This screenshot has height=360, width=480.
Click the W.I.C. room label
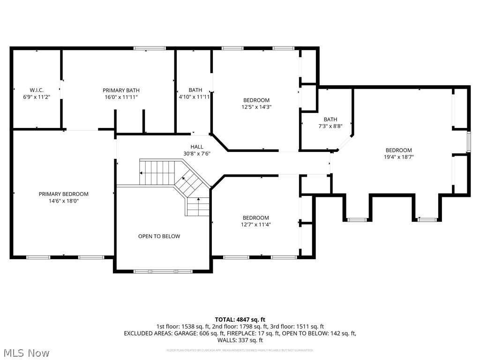coord(37,90)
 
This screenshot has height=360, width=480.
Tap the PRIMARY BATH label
coord(121,90)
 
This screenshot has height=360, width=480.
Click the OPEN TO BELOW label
coord(159,236)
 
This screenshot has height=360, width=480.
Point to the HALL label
coord(197,147)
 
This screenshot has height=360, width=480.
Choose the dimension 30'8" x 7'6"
coord(197,153)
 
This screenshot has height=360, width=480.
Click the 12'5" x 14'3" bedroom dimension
coord(256,107)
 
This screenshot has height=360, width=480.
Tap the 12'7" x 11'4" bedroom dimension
coord(255,225)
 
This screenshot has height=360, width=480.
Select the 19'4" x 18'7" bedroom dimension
coord(398,157)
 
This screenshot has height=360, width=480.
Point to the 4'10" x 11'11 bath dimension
coord(194,97)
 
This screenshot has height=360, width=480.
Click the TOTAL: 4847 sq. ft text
coord(240,319)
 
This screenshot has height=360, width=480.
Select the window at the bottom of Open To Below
coord(163,271)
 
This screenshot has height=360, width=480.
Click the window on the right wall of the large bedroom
coord(468,142)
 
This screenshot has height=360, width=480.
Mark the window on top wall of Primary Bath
coord(150,48)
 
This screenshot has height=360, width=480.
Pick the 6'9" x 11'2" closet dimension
coord(37,97)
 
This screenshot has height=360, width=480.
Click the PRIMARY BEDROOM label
coord(63,194)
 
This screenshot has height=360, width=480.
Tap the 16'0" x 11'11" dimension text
coord(121,97)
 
